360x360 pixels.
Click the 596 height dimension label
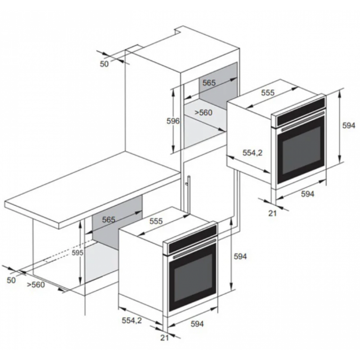(x=173, y=121)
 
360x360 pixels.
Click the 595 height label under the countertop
(x=77, y=253)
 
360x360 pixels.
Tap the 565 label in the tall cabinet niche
(x=209, y=83)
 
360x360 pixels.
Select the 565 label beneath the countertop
(x=108, y=220)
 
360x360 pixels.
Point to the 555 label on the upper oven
(x=268, y=93)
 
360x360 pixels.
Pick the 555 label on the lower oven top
(x=156, y=221)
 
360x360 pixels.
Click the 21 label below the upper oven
(x=272, y=213)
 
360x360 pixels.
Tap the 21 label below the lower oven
(x=165, y=338)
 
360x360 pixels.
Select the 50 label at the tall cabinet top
(x=104, y=64)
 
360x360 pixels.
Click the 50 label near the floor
(x=11, y=280)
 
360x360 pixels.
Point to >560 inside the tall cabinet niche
(x=203, y=112)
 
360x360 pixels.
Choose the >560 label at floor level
(x=36, y=285)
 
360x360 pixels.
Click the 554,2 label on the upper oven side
(x=252, y=153)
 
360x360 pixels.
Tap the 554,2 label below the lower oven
(x=131, y=320)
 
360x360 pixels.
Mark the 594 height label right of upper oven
(x=349, y=125)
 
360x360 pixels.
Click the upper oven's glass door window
(x=301, y=150)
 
